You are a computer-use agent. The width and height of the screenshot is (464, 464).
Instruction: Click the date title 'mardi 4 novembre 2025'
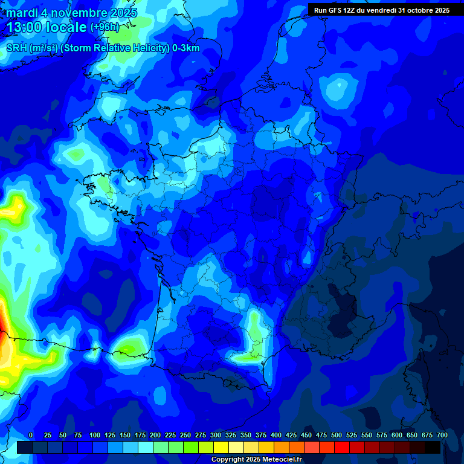click(72, 13)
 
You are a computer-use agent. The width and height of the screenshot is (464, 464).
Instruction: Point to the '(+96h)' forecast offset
click(105, 27)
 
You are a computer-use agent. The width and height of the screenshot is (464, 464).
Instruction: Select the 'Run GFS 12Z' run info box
click(381, 10)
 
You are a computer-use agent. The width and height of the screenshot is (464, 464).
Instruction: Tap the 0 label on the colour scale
click(31, 435)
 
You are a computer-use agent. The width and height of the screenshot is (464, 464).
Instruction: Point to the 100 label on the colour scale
click(95, 435)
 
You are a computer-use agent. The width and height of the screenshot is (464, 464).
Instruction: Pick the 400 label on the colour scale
click(276, 435)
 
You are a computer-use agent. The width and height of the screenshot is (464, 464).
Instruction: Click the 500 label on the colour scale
click(337, 435)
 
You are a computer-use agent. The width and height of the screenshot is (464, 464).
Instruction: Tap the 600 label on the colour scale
click(397, 435)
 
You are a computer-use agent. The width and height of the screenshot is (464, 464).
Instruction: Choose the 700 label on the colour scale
click(442, 435)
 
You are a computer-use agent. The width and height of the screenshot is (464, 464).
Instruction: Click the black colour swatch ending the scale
click(433, 447)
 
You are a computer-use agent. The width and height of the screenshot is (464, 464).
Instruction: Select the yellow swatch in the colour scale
click(221, 447)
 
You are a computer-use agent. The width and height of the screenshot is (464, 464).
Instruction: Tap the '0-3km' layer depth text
click(185, 48)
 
